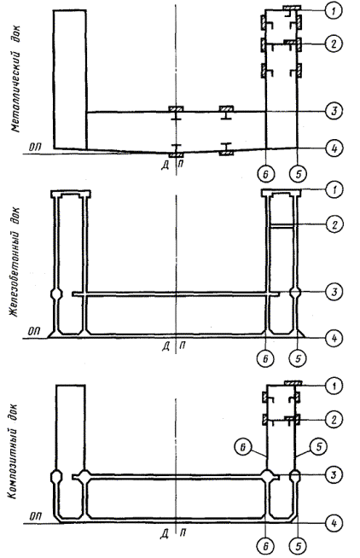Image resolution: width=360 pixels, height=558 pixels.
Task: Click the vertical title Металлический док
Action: click(x=16, y=78)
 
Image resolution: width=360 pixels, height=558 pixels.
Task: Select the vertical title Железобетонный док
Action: click(x=15, y=262)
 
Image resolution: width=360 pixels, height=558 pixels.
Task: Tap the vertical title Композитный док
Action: click(x=14, y=451)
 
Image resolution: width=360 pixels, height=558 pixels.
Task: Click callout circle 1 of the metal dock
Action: click(x=334, y=11)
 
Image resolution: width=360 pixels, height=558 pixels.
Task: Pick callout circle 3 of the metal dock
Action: click(x=334, y=112)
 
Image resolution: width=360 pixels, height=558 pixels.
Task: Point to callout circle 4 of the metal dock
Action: click(x=334, y=148)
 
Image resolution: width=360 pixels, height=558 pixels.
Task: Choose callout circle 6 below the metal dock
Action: click(x=266, y=174)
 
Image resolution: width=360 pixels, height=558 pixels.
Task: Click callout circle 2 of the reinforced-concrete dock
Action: click(x=334, y=224)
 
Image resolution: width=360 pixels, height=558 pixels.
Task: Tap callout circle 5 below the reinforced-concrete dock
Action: click(x=298, y=358)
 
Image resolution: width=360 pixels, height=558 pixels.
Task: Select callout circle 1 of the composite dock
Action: click(x=334, y=386)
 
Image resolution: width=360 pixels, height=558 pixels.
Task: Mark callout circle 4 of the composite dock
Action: click(x=334, y=523)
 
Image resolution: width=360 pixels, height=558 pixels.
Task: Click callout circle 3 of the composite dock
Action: click(x=334, y=474)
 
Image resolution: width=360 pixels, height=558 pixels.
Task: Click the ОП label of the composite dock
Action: click(x=34, y=516)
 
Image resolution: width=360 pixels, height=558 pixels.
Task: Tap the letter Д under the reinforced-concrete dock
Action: click(x=165, y=346)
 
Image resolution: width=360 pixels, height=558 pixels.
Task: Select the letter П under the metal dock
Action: click(x=181, y=163)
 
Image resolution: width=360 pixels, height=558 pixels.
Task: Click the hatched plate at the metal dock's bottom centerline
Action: click(x=176, y=154)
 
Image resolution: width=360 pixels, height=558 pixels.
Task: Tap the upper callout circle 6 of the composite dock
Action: click(x=243, y=447)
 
